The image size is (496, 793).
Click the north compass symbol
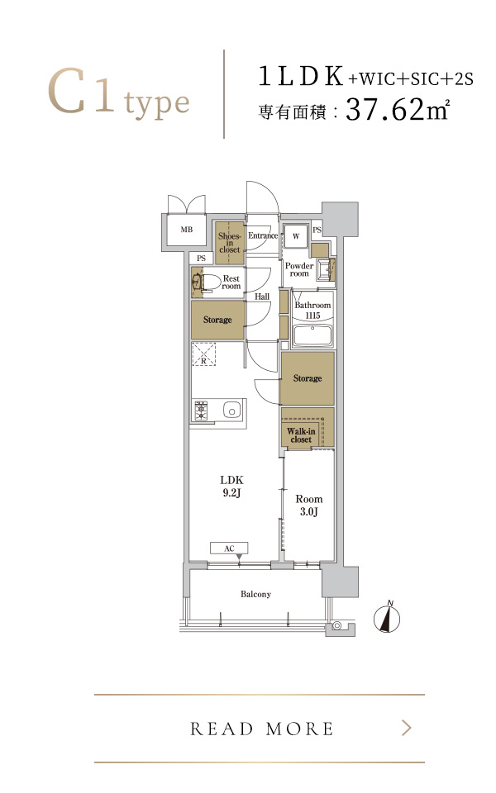387,617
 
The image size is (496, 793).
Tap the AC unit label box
229,548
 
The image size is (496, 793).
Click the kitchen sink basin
231,411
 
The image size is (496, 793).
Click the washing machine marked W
296,236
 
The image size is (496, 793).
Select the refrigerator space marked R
203,354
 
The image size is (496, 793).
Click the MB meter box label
187,230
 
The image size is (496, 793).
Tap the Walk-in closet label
301,435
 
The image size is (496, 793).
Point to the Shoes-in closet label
229,243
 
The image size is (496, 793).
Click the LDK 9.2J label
231,486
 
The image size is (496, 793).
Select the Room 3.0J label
308,506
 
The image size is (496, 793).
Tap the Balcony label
255,594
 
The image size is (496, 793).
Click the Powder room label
299,269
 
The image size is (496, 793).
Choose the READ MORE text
262,729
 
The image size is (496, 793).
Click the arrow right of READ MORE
407,729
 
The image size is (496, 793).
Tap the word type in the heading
157,104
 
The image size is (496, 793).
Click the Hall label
262,297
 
